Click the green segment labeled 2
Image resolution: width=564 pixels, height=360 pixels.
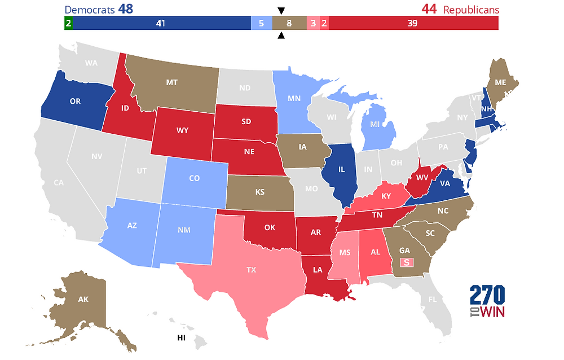coord(68,23)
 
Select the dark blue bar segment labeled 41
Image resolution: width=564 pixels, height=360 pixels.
coord(161,23)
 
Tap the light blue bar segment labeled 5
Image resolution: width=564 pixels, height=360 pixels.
coord(261,23)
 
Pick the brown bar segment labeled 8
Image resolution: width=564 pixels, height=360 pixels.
coord(289,23)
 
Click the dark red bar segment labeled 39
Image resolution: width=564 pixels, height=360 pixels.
coord(413,23)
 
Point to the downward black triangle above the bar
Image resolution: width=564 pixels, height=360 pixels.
coord(281,11)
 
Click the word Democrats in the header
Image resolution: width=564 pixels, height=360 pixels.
coord(90,10)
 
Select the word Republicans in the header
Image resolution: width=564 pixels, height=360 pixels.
coord(471,10)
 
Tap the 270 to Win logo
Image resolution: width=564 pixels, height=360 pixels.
coord(487,302)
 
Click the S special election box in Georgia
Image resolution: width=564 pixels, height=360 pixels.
coord(406,262)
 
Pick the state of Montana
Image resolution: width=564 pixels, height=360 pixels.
coord(172,82)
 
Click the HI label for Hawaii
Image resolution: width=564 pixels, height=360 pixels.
coord(181,337)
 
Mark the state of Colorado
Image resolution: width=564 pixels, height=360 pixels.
coord(194,178)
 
